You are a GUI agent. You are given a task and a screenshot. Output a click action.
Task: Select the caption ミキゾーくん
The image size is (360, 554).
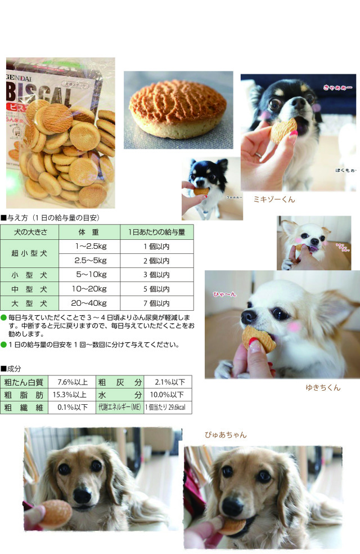pos(274,199)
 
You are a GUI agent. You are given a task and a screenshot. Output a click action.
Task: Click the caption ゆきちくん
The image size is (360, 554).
pos(322,387)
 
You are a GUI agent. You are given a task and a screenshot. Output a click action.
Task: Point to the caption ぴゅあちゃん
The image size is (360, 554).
pos(226,435)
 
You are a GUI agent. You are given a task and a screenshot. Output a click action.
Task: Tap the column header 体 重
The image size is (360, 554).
pos(91,231)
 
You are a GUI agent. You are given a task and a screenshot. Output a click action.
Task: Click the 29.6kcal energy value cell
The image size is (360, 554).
pos(167,408)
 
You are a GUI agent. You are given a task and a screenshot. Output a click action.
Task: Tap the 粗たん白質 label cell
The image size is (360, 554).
pos(24,382)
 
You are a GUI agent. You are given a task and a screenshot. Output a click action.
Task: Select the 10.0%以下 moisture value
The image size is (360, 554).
pos(167,395)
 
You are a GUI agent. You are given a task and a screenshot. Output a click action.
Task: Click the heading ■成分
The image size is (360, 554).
pos(11,368)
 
